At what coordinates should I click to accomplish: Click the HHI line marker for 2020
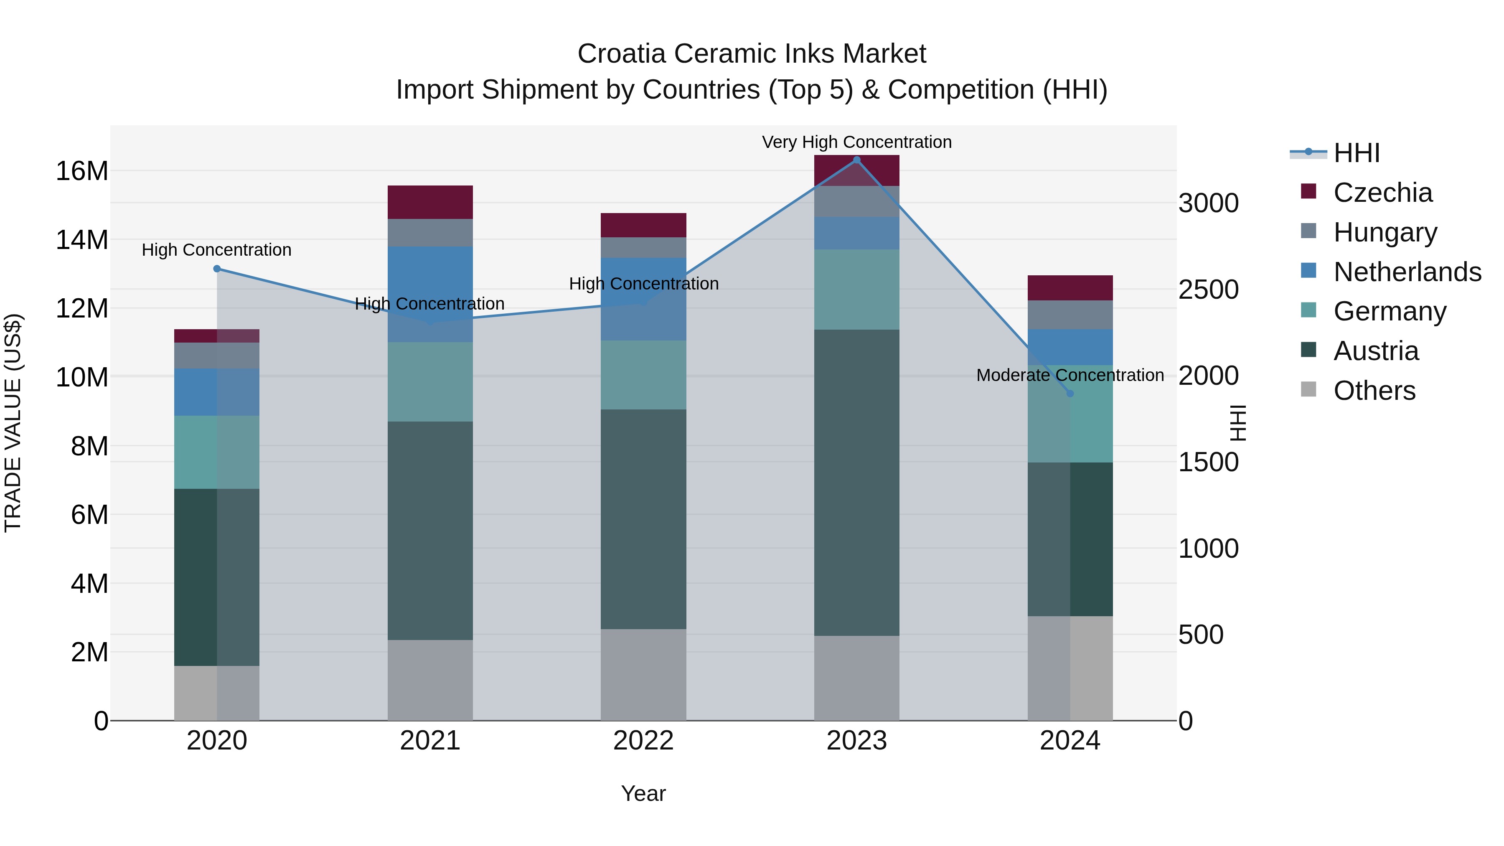216,269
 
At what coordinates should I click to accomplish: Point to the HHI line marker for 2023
856,160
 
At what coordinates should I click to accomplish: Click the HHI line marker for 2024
1070,394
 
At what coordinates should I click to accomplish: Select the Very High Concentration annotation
856,142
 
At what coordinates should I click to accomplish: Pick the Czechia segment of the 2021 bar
430,202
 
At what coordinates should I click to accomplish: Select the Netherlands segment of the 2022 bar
643,299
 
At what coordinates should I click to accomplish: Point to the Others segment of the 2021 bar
430,680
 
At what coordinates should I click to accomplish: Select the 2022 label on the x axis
643,740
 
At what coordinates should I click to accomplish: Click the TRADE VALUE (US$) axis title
13,423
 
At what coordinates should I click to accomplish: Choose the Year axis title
643,793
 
